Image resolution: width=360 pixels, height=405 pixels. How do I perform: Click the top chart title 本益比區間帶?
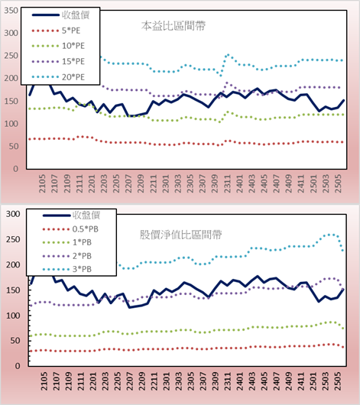coord(174,26)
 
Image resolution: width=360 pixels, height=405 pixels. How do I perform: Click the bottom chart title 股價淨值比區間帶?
coord(180,235)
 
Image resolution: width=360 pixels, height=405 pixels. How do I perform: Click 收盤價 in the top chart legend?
coord(76,15)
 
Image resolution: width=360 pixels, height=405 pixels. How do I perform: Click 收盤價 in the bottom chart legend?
coord(86,215)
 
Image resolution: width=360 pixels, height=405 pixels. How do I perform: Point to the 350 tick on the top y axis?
coord(11,11)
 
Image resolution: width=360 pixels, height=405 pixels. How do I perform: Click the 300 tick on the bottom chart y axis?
coord(13,214)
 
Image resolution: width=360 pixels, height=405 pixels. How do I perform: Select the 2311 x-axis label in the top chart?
coord(227,183)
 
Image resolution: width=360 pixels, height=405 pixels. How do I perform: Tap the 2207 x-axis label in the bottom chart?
coord(129,381)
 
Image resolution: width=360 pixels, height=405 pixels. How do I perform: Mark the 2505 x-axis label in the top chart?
coord(339,183)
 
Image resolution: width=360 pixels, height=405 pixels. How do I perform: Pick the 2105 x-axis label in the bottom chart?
coord(44,381)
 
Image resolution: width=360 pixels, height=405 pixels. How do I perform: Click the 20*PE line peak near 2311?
coord(228,55)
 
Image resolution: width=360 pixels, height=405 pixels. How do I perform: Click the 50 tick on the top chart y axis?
coord(14,146)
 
